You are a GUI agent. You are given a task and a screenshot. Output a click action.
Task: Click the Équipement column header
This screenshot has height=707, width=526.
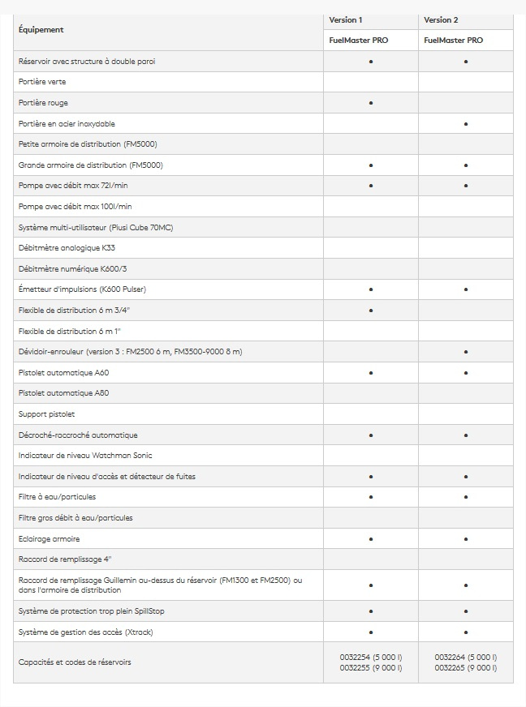41,30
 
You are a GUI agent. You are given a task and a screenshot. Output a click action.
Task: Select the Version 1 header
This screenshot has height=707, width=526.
346,19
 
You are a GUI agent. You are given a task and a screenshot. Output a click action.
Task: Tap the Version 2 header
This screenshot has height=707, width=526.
441,19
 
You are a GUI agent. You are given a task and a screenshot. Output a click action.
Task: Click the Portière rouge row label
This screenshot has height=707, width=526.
43,103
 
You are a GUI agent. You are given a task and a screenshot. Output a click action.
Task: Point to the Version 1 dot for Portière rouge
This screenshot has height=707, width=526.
371,103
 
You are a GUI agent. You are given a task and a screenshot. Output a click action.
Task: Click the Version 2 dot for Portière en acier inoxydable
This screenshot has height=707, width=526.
466,124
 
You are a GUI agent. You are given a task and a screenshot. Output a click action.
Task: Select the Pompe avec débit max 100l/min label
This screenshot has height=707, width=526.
75,207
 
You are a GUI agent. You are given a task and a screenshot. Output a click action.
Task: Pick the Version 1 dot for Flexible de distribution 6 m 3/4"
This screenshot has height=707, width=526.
371,311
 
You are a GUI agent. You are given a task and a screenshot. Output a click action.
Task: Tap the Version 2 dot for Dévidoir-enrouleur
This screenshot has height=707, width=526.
466,352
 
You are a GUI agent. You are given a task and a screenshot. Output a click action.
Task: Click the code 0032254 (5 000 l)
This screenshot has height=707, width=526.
371,657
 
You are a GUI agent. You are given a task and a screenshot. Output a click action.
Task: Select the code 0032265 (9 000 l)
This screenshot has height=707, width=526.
466,667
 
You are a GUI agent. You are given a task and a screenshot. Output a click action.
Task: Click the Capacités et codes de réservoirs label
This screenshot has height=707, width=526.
75,662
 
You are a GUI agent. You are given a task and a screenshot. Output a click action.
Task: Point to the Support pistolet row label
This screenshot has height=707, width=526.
46,414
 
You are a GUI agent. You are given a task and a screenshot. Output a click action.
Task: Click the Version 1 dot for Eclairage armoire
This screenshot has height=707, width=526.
371,538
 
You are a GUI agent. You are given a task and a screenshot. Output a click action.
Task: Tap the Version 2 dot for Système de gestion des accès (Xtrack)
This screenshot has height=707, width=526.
466,632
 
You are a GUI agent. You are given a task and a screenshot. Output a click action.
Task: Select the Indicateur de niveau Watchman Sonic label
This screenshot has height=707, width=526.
85,456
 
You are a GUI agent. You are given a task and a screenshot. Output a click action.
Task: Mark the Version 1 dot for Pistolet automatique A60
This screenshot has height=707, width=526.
371,373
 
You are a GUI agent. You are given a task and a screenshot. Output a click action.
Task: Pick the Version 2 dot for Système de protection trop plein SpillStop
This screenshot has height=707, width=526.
466,611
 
